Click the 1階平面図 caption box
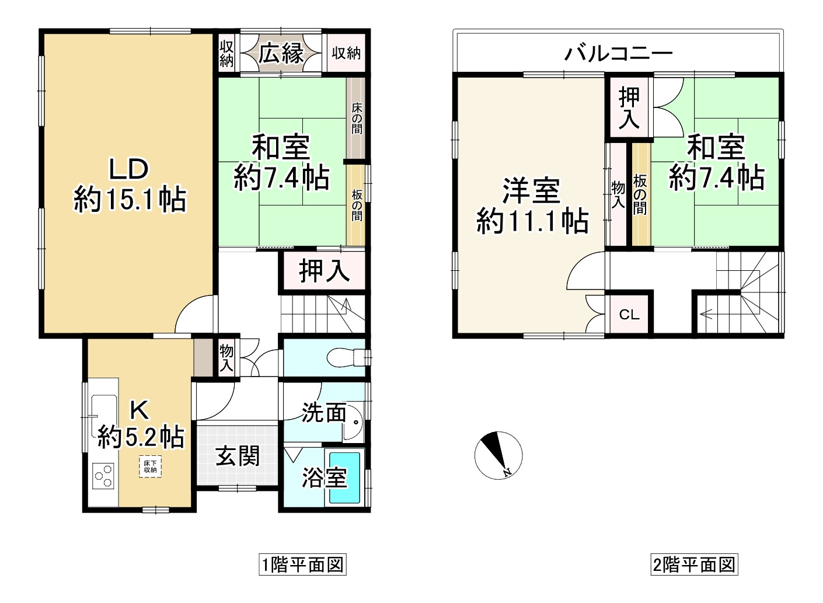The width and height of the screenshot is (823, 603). tap(302, 564)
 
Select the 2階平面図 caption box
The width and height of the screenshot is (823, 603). tap(694, 564)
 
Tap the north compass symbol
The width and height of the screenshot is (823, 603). tap(498, 455)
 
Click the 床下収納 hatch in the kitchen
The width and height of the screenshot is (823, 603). tap(150, 466)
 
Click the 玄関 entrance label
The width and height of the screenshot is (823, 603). tap(238, 456)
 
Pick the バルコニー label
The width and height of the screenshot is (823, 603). tap(618, 54)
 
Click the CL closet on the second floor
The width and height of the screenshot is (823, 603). tap(629, 315)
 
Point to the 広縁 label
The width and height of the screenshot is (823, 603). tap(281, 54)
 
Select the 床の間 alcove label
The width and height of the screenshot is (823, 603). tap(357, 118)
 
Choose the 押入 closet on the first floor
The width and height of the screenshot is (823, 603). tap(324, 271)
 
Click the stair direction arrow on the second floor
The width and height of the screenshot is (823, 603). tap(706, 315)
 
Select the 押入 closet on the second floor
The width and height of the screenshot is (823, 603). tap(629, 107)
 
